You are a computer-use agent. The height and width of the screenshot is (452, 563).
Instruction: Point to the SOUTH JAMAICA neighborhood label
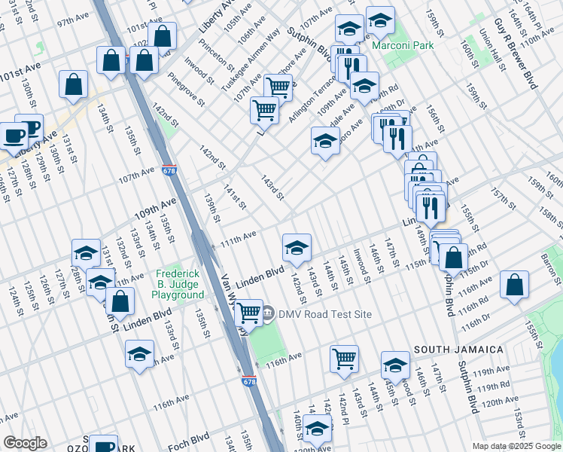click(x=458, y=350)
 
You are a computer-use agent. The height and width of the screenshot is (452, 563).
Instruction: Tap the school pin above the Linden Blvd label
click(x=297, y=246)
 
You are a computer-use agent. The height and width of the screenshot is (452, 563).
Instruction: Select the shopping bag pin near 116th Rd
click(x=514, y=285)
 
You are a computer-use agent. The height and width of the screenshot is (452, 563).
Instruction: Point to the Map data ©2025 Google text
click(x=516, y=446)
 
